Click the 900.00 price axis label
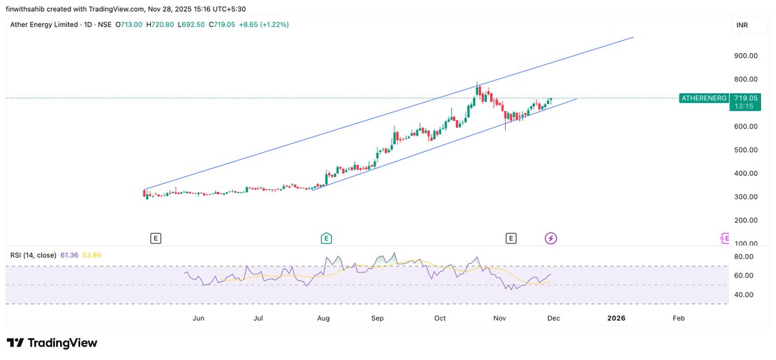tap(746, 56)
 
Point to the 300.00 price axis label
tap(746, 196)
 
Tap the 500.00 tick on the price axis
tap(746, 150)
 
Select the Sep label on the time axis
tap(378, 319)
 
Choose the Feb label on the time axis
tap(678, 319)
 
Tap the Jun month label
tap(199, 319)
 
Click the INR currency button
tap(742, 25)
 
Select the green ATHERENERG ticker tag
tap(703, 98)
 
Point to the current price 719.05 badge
tap(746, 98)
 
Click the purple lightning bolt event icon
tap(551, 238)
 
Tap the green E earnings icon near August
tap(327, 238)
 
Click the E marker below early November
tap(511, 238)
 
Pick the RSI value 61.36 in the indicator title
tap(69, 255)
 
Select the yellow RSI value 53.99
tap(91, 255)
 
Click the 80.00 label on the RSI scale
tap(744, 257)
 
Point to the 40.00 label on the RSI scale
tap(744, 295)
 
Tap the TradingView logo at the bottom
tap(52, 343)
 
